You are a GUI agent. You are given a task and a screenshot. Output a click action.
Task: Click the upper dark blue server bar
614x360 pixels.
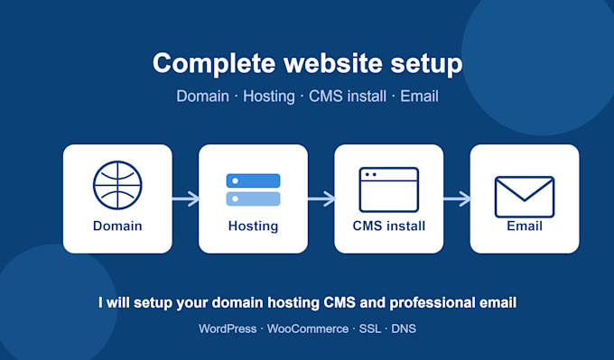254,180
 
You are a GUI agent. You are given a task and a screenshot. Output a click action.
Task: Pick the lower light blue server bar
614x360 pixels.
254,198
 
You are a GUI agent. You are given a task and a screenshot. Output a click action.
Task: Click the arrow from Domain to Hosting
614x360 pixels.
186,198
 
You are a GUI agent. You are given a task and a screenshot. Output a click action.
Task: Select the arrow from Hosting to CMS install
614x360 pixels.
321,198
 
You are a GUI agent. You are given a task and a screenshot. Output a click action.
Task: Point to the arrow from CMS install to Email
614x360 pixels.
457,198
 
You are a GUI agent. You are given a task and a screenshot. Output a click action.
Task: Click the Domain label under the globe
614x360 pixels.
117,226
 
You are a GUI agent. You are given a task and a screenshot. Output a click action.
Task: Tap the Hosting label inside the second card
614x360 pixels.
254,226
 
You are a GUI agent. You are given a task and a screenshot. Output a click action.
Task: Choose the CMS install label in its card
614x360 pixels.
389,226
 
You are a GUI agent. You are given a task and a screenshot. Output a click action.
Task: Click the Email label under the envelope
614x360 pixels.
525,226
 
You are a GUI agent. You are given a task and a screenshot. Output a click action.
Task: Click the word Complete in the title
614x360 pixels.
214,63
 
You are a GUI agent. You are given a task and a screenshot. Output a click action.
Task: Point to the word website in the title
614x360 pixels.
333,63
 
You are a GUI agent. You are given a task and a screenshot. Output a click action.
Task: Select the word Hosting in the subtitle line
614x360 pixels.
269,97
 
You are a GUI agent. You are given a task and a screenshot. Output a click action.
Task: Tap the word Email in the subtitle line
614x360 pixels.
419,97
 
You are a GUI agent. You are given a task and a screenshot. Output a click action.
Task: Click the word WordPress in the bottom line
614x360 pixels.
228,328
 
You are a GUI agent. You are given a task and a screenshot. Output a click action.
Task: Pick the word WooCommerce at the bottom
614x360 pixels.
308,328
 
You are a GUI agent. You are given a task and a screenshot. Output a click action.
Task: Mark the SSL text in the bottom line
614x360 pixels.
370,328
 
